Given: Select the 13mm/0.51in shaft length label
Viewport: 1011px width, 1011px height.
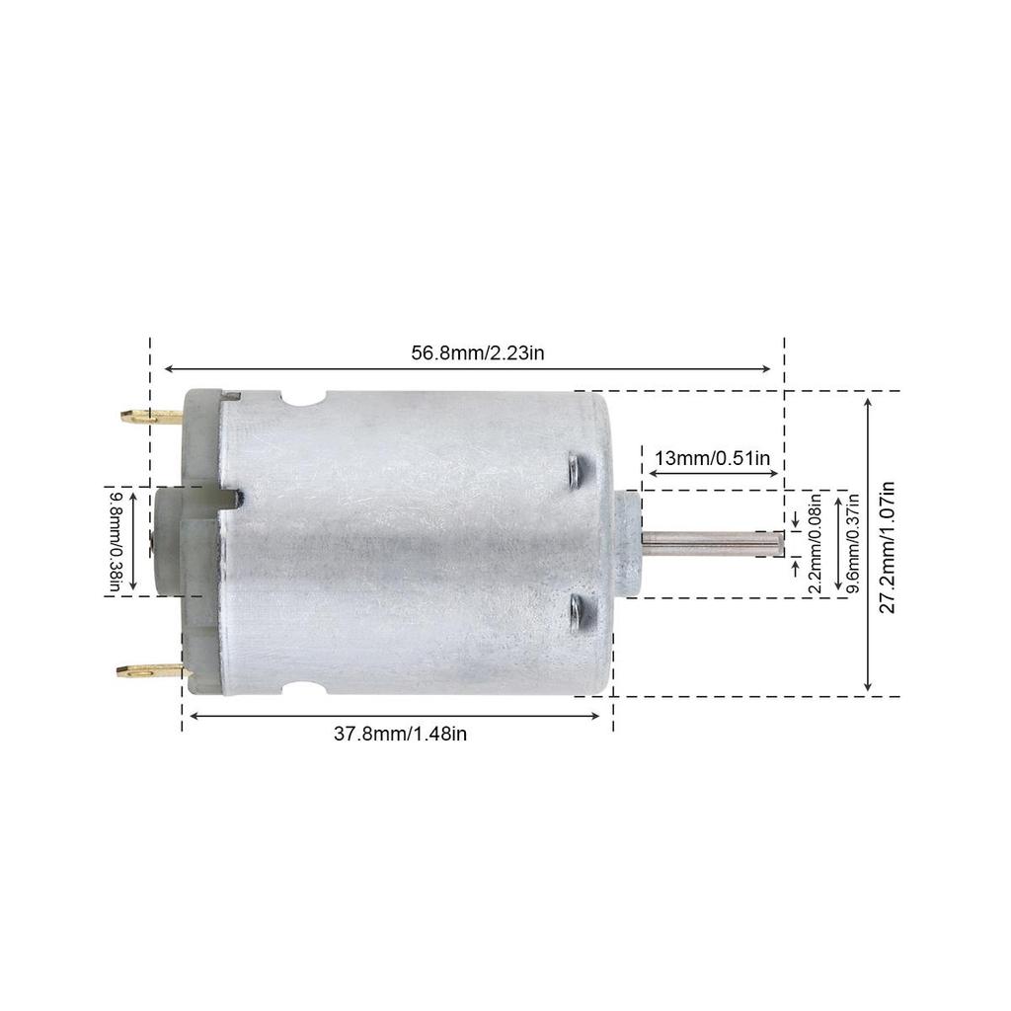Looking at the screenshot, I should [712, 457].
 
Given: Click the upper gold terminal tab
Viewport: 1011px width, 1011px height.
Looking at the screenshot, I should [148, 417].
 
